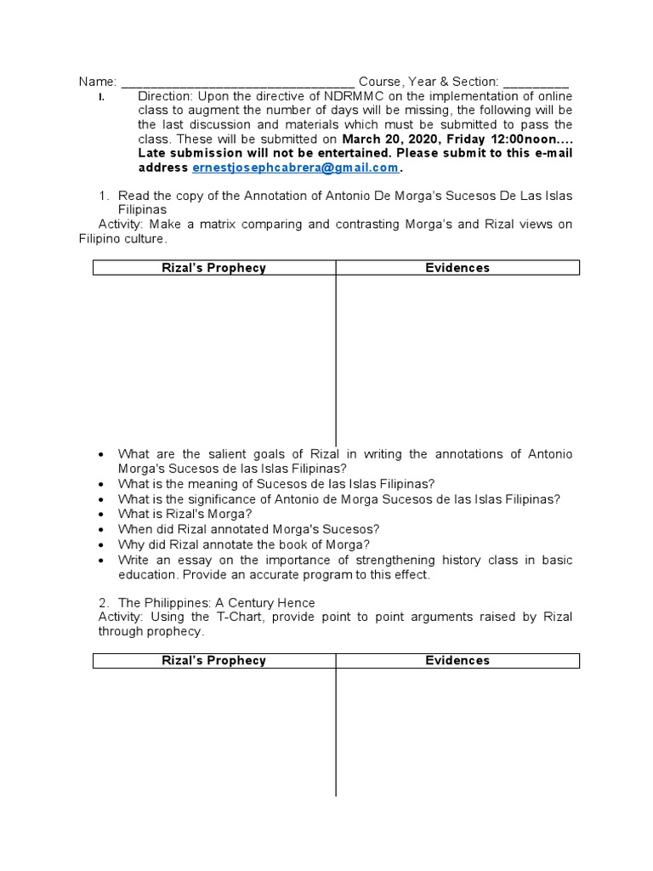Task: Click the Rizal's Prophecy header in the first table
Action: click(214, 268)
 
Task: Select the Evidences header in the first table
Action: click(457, 268)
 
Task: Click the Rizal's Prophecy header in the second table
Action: click(214, 660)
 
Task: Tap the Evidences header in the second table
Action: click(457, 660)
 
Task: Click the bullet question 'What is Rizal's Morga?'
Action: click(185, 514)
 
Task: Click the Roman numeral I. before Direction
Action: click(101, 97)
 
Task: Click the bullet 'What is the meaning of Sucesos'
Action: click(276, 483)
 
